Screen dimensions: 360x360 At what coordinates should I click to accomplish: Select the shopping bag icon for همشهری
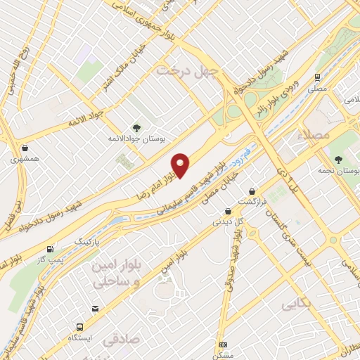[x=26, y=148]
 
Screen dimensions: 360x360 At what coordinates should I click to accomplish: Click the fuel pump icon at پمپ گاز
[x=50, y=249]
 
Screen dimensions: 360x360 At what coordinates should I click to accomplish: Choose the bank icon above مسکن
[x=224, y=345]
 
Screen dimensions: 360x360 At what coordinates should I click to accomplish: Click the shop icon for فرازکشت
[x=252, y=191]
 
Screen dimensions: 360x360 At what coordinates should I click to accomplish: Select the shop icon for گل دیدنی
[x=227, y=211]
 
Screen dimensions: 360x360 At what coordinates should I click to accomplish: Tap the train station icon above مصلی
[x=318, y=77]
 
